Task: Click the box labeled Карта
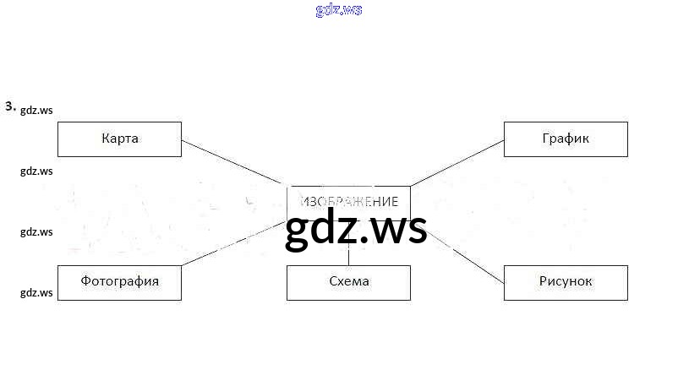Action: [x=119, y=139]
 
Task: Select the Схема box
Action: [x=348, y=282]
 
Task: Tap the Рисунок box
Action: [x=566, y=282]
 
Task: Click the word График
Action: [x=566, y=139]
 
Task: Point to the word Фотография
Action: [x=119, y=281]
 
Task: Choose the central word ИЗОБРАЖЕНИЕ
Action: [x=348, y=203]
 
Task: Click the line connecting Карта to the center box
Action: [x=233, y=163]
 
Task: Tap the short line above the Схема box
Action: [x=348, y=256]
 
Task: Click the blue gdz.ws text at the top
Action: [x=338, y=10]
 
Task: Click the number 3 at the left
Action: [x=9, y=106]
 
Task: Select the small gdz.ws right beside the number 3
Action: [x=36, y=110]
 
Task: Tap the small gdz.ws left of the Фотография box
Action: [x=36, y=293]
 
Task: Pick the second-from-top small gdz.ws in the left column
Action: [x=36, y=171]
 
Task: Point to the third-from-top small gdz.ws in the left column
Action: [x=36, y=231]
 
